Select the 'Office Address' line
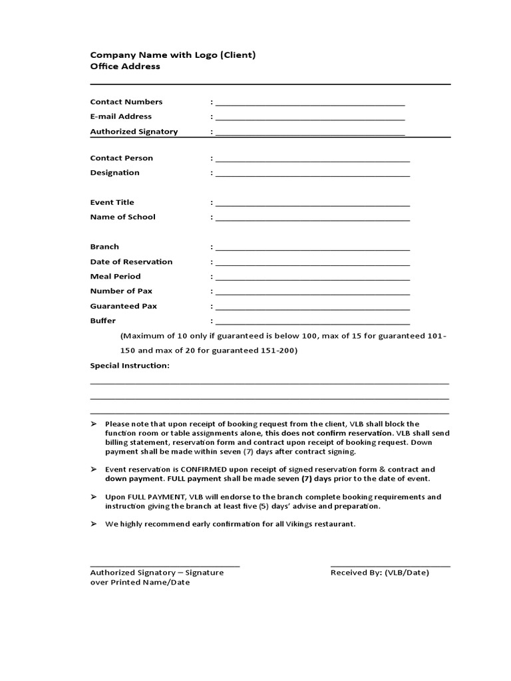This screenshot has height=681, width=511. point(125,67)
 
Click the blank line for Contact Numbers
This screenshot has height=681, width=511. point(309,103)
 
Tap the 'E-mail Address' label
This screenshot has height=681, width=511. point(121,116)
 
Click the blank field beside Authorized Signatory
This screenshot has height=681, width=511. point(309,132)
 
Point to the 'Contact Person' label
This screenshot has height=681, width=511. point(121,158)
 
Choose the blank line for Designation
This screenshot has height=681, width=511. point(312,174)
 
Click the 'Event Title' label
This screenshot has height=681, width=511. point(112,202)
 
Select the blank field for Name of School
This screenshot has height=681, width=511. point(312,218)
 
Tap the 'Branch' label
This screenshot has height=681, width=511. point(104,247)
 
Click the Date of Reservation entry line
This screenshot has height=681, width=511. point(312,263)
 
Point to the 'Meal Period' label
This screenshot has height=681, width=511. point(115,276)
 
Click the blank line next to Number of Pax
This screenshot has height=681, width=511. point(312,293)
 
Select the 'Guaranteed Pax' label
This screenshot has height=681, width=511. point(123,306)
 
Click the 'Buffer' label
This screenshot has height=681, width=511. point(102,321)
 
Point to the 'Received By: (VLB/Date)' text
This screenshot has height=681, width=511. point(379,573)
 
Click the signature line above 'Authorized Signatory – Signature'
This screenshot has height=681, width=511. point(164,566)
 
